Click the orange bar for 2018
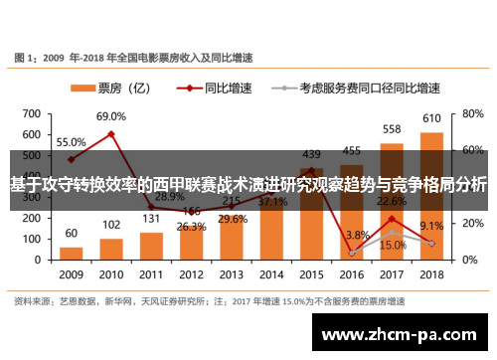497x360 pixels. (431, 195)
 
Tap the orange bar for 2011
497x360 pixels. (152, 245)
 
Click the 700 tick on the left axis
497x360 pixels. (32, 109)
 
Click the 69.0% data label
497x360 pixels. (111, 116)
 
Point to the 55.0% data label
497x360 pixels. (71, 142)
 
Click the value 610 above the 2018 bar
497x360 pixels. (432, 119)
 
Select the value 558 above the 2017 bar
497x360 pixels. (392, 129)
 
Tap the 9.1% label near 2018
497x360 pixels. (431, 227)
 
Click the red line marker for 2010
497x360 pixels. (111, 133)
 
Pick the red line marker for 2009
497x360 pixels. (71, 159)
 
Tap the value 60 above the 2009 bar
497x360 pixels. (71, 235)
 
